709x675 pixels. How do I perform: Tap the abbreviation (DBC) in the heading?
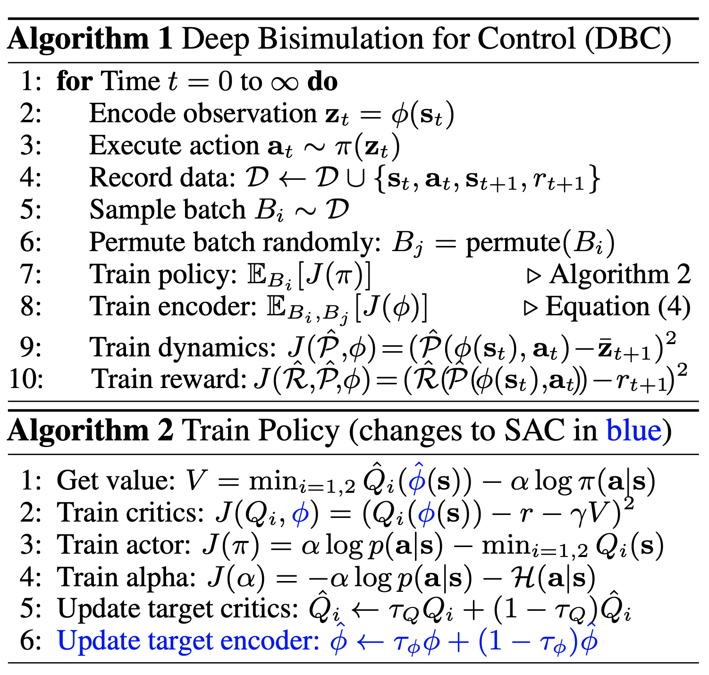click(628, 39)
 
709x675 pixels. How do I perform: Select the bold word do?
click(322, 82)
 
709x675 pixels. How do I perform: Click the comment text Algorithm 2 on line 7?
click(620, 275)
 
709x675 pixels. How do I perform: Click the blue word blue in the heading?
click(634, 431)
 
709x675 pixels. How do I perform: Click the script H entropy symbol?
click(523, 578)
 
